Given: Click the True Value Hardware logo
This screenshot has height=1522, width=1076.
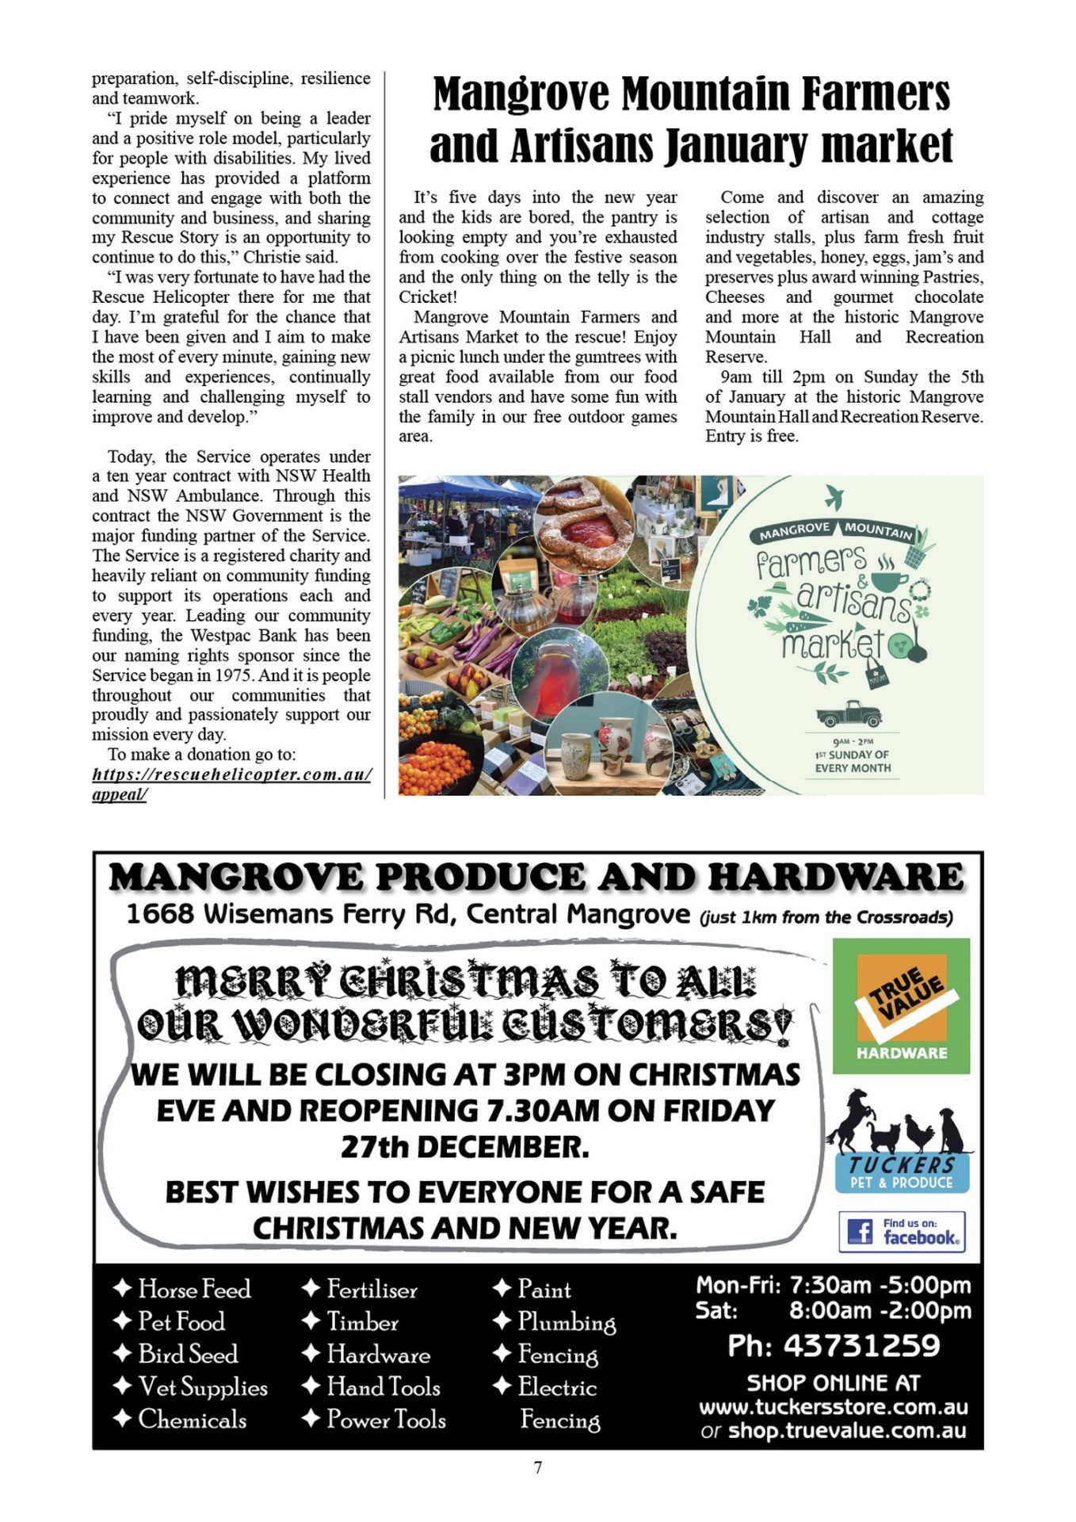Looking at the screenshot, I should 901,1005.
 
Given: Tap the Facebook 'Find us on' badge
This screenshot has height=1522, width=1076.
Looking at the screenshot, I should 902,1231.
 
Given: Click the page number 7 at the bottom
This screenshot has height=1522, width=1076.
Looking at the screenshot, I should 538,1467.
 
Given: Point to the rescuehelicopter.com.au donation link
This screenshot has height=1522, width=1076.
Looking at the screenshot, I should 231,774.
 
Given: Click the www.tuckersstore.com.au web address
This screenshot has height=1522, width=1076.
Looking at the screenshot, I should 833,1407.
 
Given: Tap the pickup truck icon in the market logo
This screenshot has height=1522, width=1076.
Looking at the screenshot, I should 849,713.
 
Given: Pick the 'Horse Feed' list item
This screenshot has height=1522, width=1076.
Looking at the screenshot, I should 194,1289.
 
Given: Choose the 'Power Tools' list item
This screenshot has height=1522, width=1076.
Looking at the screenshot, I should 386,1419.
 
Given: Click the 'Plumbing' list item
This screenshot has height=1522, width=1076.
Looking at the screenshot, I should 567,1322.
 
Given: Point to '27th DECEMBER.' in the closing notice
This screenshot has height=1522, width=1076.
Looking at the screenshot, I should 465,1147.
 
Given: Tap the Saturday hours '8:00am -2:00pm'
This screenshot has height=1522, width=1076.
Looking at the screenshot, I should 879,1310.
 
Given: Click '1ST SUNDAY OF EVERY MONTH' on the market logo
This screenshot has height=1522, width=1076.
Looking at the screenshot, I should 853,761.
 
